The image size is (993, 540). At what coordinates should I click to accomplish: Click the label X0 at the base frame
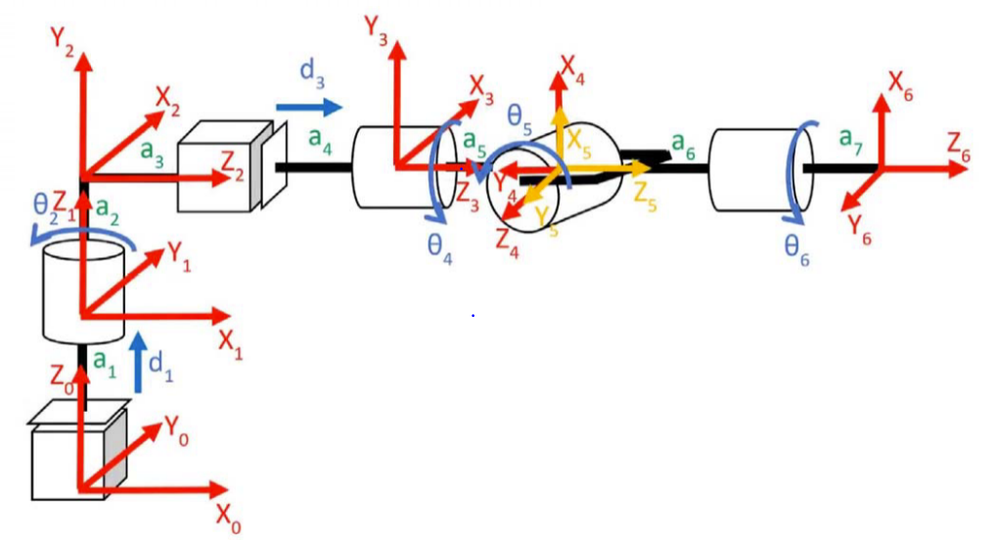click(x=228, y=516)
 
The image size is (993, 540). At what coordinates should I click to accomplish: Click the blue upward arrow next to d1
click(x=139, y=361)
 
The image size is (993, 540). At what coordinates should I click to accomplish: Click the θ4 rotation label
click(x=439, y=245)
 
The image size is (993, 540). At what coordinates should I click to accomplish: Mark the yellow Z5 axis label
click(x=644, y=193)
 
